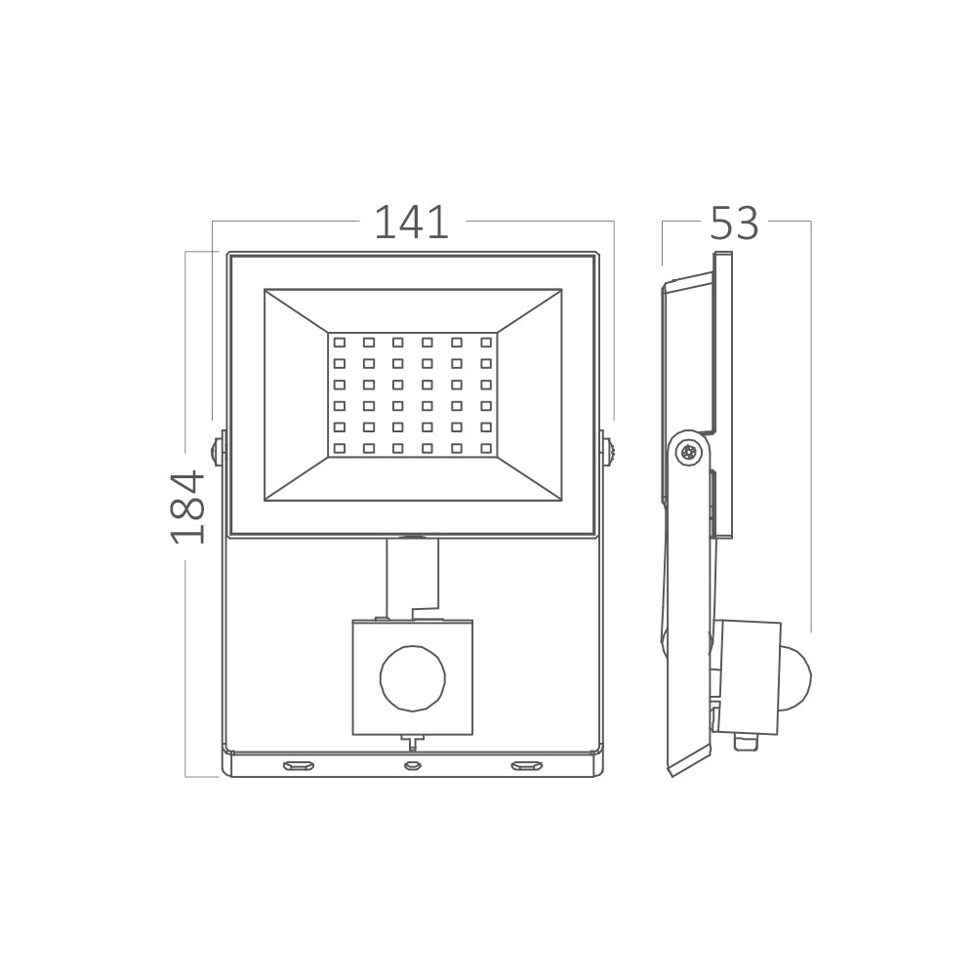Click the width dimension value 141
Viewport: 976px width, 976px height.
tap(412, 224)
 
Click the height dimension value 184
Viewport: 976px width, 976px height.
tap(187, 507)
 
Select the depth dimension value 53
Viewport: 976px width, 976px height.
tap(734, 224)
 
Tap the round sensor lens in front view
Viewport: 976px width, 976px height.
tap(412, 678)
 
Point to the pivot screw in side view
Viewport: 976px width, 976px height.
tap(690, 452)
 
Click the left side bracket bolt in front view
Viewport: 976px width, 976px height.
tap(217, 451)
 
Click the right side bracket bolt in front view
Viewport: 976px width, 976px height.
tap(608, 451)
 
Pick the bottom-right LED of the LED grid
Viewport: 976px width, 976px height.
tap(485, 448)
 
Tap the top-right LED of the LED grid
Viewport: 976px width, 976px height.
tap(485, 343)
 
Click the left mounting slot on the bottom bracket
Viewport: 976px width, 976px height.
tap(299, 765)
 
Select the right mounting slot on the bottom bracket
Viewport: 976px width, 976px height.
tap(526, 765)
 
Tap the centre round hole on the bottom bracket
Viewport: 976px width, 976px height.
tap(412, 765)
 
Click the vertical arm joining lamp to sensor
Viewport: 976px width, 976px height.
tap(412, 578)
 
